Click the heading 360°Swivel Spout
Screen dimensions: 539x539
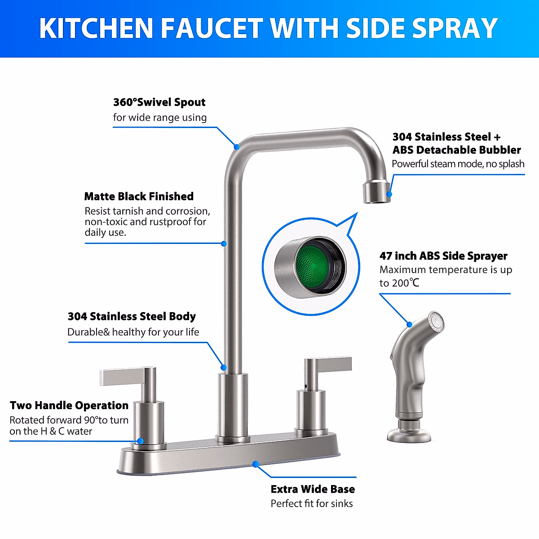[x=159, y=102]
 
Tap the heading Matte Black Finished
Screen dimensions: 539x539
[x=139, y=196]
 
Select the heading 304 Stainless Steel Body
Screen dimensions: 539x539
[x=132, y=316]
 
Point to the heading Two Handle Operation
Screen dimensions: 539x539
[x=69, y=405]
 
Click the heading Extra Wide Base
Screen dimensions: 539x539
[x=313, y=489]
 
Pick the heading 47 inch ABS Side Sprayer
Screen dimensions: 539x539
[x=443, y=256]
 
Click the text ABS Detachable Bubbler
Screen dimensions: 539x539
[x=456, y=150]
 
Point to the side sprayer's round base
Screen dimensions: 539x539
[x=409, y=432]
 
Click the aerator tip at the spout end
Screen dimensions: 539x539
[x=376, y=192]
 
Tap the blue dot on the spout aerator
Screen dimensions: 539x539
[x=389, y=194]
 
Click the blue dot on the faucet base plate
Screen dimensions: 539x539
[x=255, y=464]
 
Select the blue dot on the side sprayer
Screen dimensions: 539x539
[x=409, y=324]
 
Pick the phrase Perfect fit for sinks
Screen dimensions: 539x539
[x=312, y=504]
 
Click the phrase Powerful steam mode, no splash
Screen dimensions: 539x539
[x=458, y=164]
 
